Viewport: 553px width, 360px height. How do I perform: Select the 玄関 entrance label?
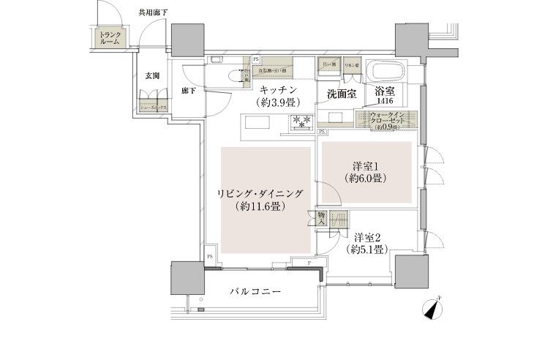tap(152, 75)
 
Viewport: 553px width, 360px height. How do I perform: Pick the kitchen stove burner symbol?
tap(301, 122)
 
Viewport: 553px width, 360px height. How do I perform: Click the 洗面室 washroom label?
tap(341, 94)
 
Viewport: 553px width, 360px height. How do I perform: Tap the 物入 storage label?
tap(322, 220)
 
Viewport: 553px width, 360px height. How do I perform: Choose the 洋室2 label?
tap(368, 237)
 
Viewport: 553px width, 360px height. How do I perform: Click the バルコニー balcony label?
tap(252, 292)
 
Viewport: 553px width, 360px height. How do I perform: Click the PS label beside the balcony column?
tap(209, 256)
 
